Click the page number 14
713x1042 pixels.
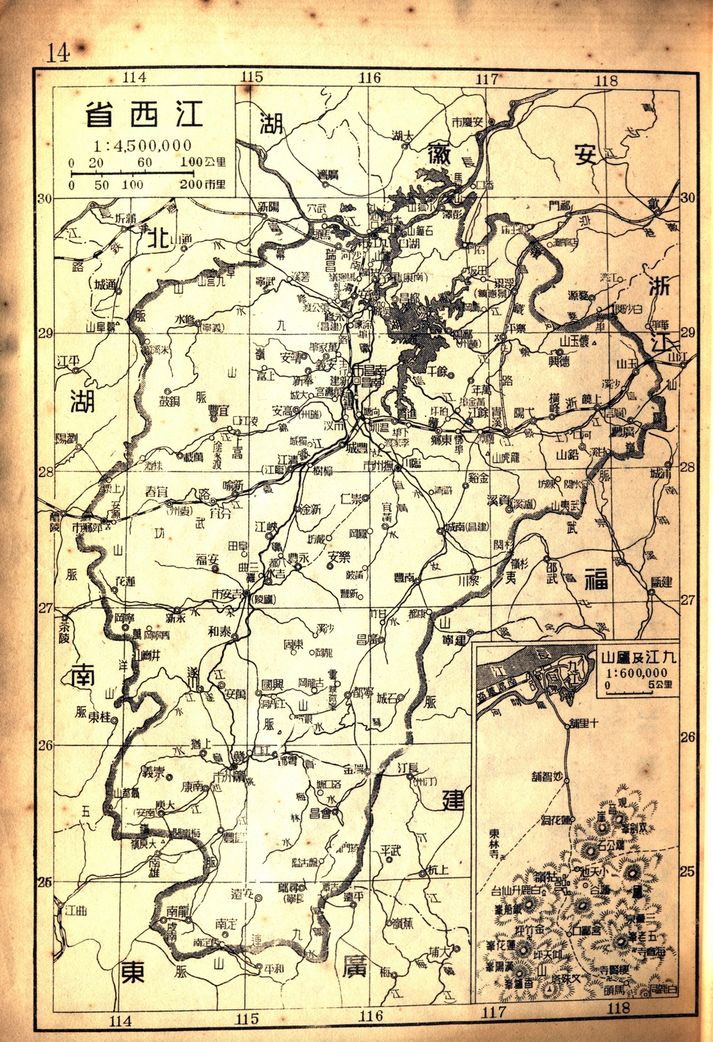pos(58,53)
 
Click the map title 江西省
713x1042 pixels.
pos(144,115)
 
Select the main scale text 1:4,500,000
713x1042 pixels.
pos(144,146)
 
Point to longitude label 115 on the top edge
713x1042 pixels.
pos(251,78)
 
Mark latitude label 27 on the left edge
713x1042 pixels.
pos(45,608)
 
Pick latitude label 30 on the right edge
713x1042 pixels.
pos(687,198)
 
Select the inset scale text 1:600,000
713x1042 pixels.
pos(637,672)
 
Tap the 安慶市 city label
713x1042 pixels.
pos(467,122)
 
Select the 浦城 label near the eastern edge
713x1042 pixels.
pos(661,473)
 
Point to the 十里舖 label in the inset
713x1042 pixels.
pos(583,724)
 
